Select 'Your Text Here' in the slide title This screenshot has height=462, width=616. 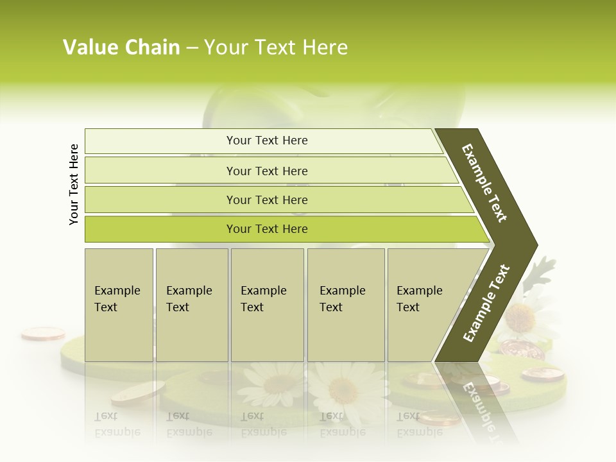276,47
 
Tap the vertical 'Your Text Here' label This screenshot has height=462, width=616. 74,184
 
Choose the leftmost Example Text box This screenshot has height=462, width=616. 119,305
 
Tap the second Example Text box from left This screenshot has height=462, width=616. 192,305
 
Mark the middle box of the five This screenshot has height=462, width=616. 267,305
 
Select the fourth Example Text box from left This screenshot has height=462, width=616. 346,305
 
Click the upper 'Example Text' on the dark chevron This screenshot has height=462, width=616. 484,183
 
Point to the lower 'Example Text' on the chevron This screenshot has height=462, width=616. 486,303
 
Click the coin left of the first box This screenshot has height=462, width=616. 43,333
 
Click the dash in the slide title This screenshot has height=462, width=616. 192,48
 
